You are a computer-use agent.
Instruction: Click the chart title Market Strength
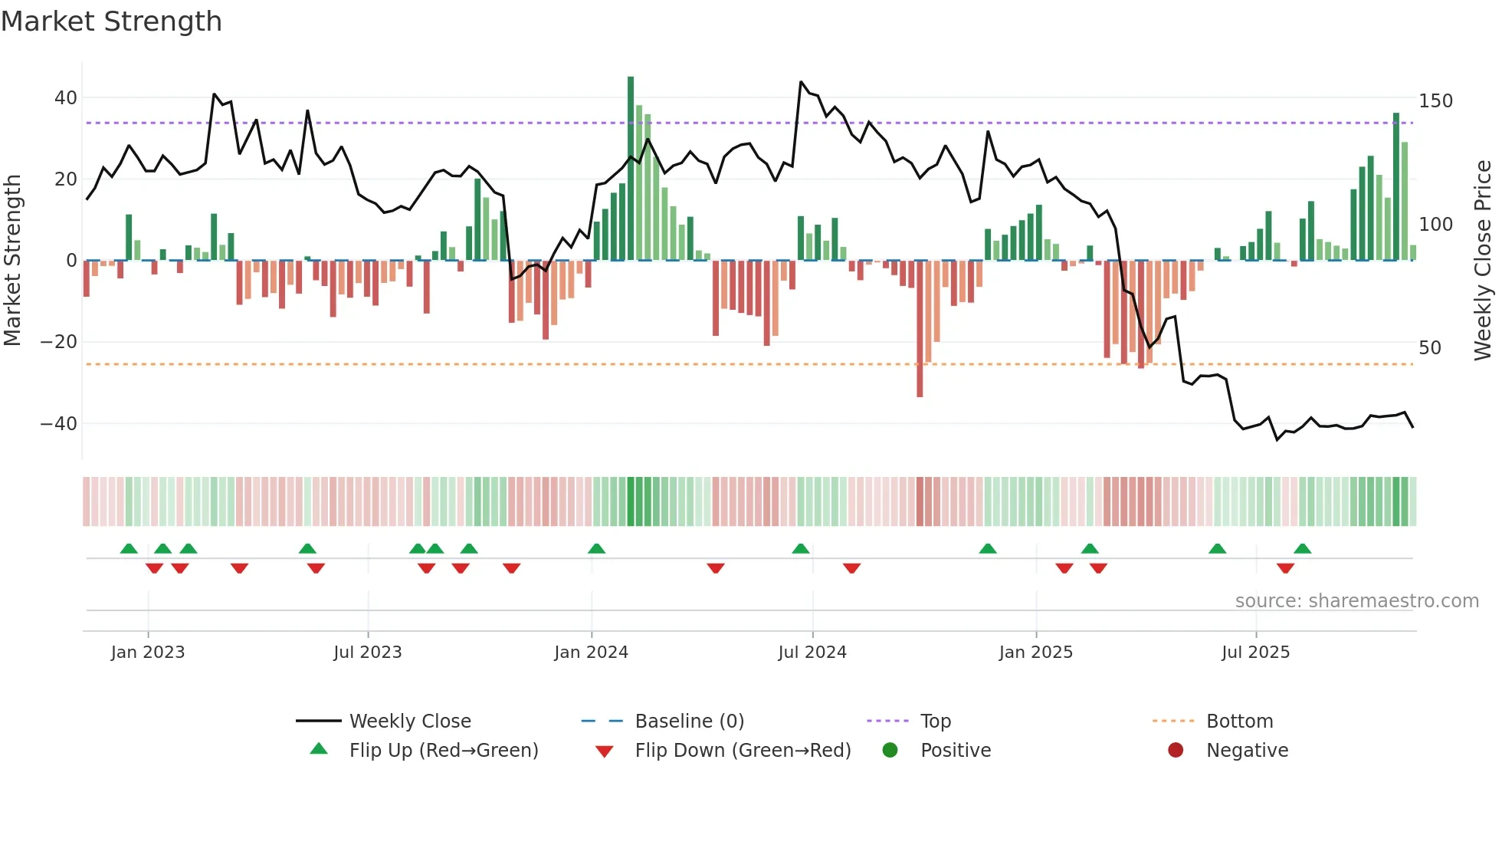(111, 21)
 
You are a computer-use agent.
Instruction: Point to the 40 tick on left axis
(65, 98)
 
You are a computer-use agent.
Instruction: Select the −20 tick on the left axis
(59, 342)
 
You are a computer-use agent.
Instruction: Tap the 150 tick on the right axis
(1435, 101)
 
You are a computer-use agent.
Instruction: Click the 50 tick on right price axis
(1430, 348)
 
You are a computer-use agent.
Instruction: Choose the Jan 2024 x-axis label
(591, 653)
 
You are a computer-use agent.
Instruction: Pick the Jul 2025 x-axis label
(1255, 653)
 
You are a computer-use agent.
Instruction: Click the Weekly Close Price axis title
(1483, 261)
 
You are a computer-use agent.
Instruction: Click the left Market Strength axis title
(12, 261)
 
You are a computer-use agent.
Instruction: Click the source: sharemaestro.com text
(1356, 601)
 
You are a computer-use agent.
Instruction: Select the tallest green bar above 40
(631, 169)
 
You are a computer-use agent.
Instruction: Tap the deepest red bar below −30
(920, 330)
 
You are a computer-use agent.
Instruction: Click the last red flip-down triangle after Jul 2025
(1285, 568)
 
